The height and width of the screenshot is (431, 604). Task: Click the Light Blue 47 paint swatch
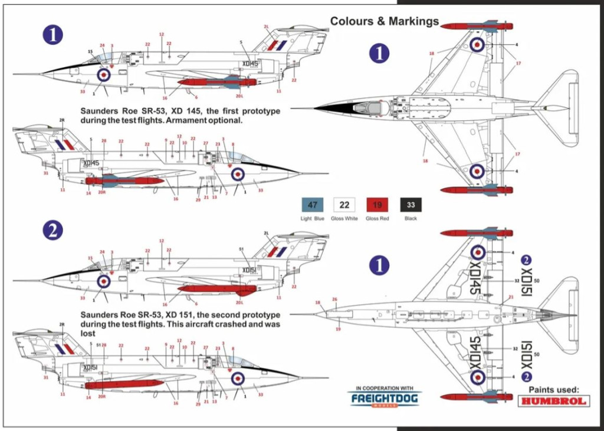pyautogui.click(x=313, y=206)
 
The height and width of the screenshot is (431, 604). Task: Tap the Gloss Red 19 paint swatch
pyautogui.click(x=377, y=206)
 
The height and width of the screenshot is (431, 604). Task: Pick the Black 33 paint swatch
pyautogui.click(x=411, y=206)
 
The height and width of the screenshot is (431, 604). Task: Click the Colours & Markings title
pyautogui.click(x=384, y=21)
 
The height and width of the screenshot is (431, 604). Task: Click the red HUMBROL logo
pyautogui.click(x=554, y=401)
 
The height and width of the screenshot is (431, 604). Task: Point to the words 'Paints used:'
pyautogui.click(x=554, y=389)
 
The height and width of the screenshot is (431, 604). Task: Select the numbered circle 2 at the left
pyautogui.click(x=53, y=231)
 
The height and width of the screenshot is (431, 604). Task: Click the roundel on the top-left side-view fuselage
pyautogui.click(x=104, y=74)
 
